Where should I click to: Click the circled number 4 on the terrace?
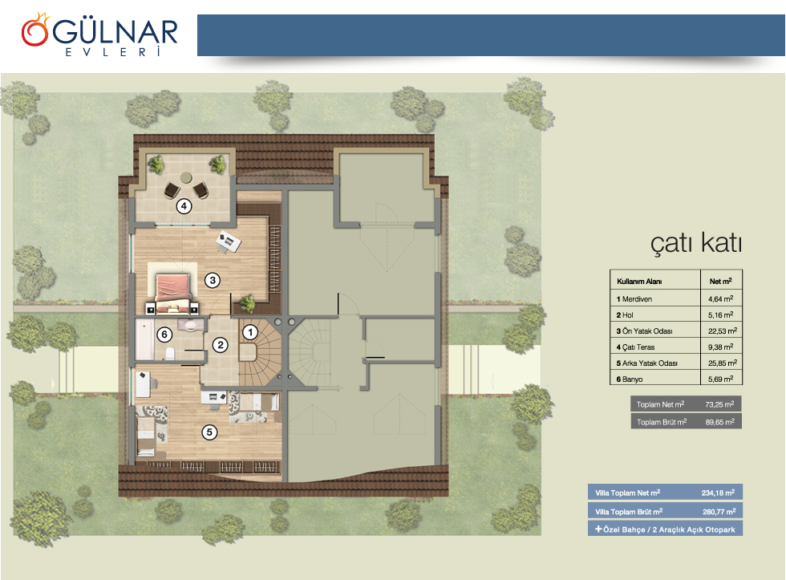click(184, 205)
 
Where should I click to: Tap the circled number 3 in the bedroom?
click(213, 280)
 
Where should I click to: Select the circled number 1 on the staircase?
click(250, 332)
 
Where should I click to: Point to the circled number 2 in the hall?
click(220, 345)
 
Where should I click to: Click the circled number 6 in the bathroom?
click(164, 335)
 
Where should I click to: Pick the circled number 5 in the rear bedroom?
click(209, 432)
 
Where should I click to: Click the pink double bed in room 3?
click(173, 292)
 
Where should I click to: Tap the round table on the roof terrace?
click(186, 177)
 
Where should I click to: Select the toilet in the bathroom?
click(169, 354)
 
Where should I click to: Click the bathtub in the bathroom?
click(145, 340)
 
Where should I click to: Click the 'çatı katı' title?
click(696, 244)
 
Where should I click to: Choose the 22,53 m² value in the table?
click(723, 331)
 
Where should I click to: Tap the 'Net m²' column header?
click(721, 281)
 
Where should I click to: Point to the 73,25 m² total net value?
click(719, 404)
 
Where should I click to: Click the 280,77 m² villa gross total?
click(719, 512)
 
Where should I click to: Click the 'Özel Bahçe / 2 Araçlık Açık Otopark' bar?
click(665, 529)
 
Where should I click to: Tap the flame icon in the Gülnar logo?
click(35, 30)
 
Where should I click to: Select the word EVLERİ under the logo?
click(113, 52)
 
